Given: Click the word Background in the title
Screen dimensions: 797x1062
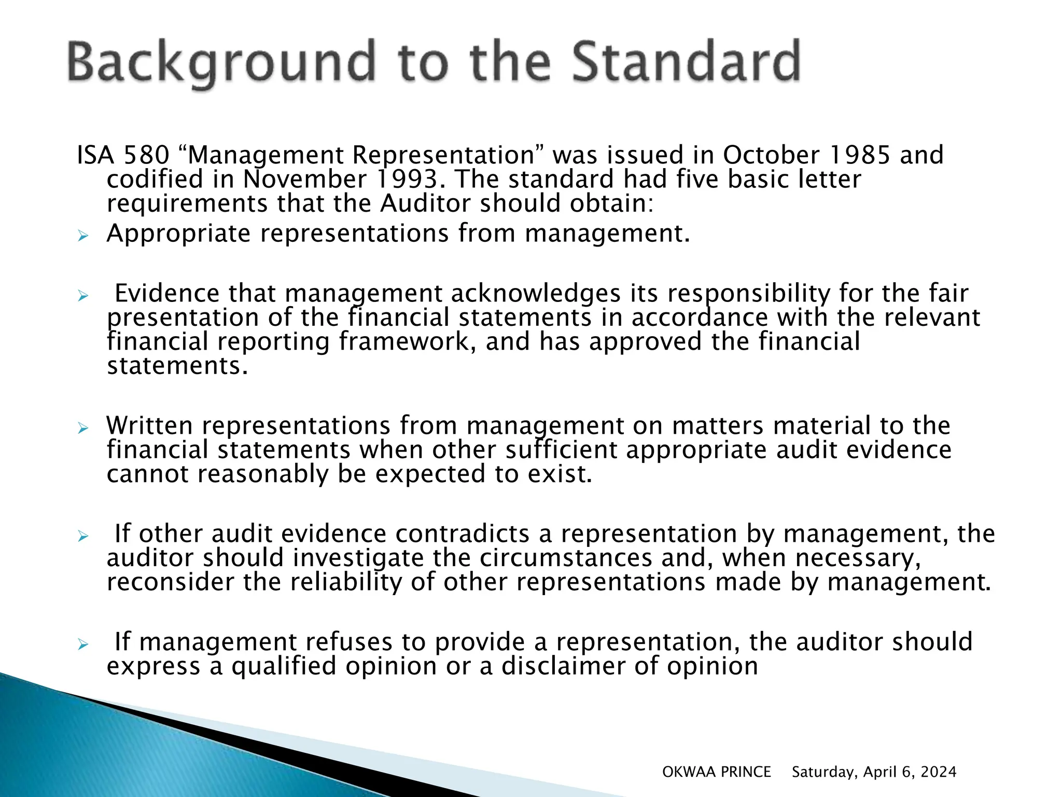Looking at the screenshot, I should click(221, 63).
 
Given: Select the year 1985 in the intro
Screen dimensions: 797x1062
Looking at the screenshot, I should click(860, 155).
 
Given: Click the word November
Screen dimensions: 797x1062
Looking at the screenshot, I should click(305, 180).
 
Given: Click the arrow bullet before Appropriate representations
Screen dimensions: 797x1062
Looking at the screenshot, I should click(83, 237).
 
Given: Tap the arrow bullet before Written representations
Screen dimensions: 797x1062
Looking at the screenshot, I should click(83, 429).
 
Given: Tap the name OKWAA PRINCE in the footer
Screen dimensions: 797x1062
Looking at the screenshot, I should click(716, 772).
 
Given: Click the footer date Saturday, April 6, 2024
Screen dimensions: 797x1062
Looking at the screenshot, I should click(874, 772).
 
